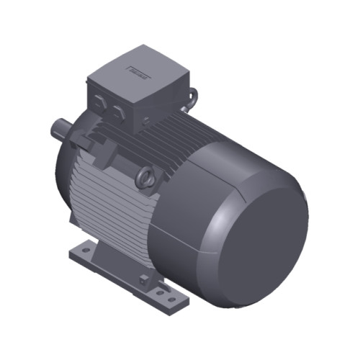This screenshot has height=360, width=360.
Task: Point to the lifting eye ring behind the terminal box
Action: [193, 94]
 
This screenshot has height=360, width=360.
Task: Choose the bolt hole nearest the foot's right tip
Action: [171, 296]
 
